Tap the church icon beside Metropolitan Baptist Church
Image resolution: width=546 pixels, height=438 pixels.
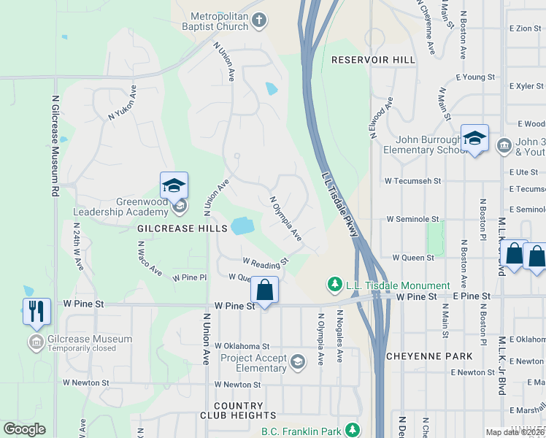point(260,21)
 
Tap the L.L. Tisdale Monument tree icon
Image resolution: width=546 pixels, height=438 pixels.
point(334,284)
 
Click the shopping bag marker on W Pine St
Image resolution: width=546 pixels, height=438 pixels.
point(264,291)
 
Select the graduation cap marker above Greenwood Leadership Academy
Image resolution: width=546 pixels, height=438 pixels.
point(174,185)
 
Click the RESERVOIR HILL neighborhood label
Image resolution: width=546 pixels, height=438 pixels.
point(373,60)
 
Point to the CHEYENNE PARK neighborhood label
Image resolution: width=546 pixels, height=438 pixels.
point(429,357)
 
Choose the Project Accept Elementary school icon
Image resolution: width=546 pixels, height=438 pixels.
point(297,362)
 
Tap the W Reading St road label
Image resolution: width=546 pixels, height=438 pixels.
point(266,261)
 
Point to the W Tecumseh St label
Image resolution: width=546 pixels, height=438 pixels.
point(414,180)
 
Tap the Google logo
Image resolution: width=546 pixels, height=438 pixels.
point(25,429)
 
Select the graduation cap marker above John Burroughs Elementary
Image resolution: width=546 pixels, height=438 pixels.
point(474,138)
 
